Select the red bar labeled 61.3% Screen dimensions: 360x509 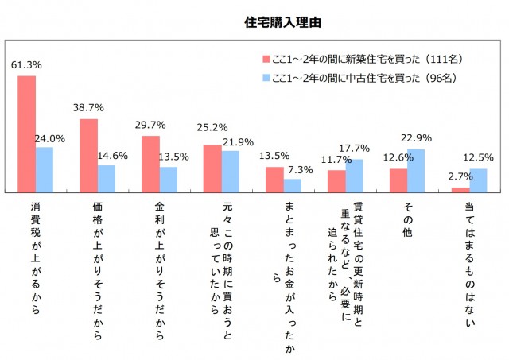coord(26,134)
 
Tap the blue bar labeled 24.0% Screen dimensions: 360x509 coord(45,169)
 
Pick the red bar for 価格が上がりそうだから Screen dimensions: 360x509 coord(88,155)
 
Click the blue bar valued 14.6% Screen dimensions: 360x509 coord(107,178)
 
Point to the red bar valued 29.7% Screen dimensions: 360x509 coord(150,164)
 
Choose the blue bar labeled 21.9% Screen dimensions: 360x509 coord(231,171)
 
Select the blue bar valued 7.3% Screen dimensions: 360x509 coord(293,185)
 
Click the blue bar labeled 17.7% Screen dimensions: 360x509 coord(355,175)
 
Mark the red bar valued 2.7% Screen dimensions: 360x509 coord(460,189)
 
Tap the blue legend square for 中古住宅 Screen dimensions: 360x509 coord(266,78)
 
